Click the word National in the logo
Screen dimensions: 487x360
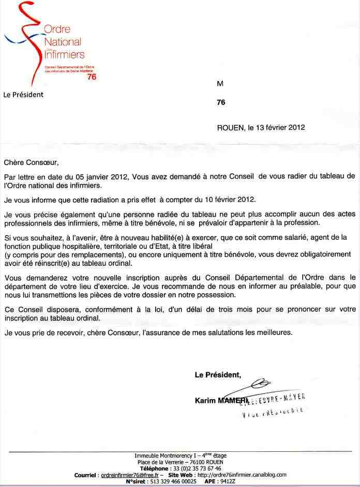pos(63,41)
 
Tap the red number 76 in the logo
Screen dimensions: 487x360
pos(92,77)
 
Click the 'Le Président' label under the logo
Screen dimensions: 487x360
pos(23,95)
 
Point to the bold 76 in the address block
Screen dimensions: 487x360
pos(221,102)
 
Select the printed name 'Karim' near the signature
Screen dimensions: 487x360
pos(205,400)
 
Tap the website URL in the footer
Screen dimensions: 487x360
pos(242,474)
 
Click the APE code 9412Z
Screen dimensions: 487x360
pos(227,481)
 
